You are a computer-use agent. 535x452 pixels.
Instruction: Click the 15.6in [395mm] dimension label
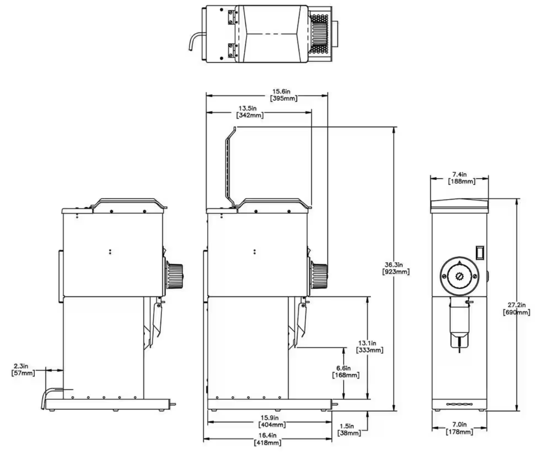[283, 95]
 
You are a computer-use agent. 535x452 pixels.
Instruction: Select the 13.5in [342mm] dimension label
[250, 112]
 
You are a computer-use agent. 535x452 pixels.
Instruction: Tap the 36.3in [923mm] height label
[396, 268]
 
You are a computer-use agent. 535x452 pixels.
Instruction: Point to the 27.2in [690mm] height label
[516, 309]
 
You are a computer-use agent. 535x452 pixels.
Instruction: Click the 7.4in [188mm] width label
[461, 177]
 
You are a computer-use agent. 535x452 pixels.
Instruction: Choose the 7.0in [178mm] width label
[459, 429]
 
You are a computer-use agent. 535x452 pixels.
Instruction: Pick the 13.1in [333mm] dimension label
[370, 346]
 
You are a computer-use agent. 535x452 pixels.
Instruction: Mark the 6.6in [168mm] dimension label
[345, 372]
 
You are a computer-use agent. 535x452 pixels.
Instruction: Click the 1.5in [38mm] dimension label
[349, 429]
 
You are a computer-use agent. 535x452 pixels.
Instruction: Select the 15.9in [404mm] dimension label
[272, 421]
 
